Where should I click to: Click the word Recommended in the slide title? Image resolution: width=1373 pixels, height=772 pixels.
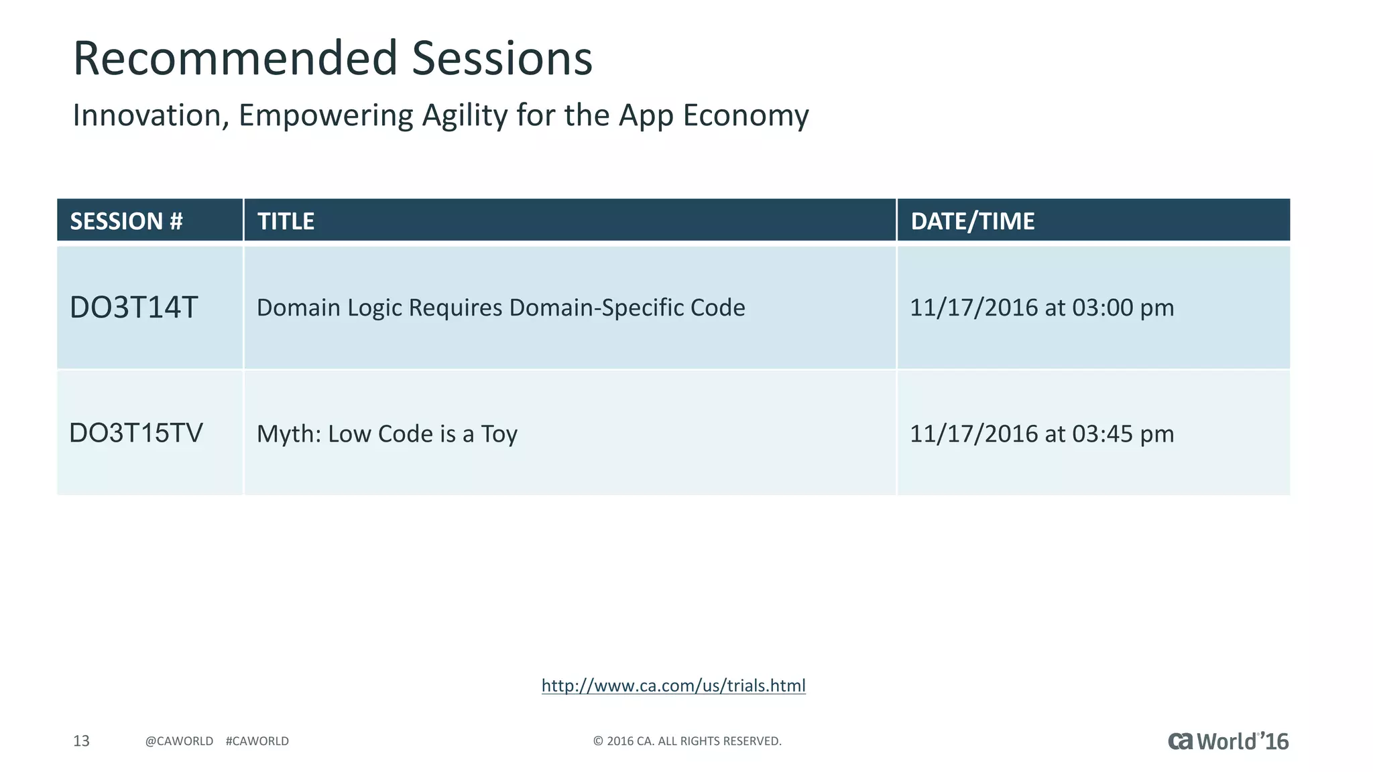[x=235, y=58]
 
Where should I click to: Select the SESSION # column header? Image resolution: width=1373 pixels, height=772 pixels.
[x=126, y=221]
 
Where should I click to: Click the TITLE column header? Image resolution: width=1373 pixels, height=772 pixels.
[x=286, y=221]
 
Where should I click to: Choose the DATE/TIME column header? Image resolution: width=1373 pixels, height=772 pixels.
[x=972, y=221]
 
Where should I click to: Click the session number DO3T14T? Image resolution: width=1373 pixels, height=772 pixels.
[x=134, y=308]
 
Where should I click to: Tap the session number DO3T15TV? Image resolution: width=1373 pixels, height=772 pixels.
[x=136, y=434]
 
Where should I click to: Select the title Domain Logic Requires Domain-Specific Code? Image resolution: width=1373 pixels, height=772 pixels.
[x=501, y=308]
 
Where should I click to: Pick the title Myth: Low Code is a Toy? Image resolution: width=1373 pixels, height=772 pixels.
[x=387, y=434]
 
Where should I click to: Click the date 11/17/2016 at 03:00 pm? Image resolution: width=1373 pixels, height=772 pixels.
[x=1042, y=308]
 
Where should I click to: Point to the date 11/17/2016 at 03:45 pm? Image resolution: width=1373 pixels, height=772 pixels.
[x=1042, y=434]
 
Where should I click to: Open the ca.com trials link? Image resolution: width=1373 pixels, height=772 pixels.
[x=673, y=686]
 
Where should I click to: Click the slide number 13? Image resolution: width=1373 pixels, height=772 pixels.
[x=81, y=741]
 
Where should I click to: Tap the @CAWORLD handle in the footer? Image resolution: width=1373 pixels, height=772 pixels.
[x=179, y=741]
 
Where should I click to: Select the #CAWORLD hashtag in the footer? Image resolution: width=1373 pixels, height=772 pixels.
[x=257, y=741]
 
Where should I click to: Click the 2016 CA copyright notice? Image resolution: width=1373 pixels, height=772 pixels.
[x=687, y=741]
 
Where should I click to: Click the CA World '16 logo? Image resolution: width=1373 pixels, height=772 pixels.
[x=1228, y=741]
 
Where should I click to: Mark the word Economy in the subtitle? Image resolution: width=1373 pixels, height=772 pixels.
[x=746, y=115]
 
